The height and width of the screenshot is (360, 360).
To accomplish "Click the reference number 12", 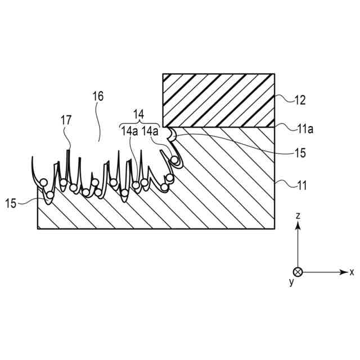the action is pyautogui.click(x=300, y=101).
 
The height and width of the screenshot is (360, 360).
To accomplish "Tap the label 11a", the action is pyautogui.click(x=304, y=129).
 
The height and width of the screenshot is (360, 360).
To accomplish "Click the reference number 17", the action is pyautogui.click(x=66, y=119).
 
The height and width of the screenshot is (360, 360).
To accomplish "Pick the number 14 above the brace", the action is pyautogui.click(x=138, y=112).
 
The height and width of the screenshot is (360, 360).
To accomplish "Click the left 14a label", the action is pyautogui.click(x=129, y=131).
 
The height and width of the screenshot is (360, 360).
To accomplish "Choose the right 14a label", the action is pyautogui.click(x=150, y=131).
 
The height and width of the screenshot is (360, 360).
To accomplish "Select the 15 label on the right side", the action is pyautogui.click(x=301, y=152).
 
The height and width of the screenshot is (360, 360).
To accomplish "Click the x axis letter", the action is pyautogui.click(x=352, y=272).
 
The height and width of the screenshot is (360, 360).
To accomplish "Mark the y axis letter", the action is pyautogui.click(x=291, y=282).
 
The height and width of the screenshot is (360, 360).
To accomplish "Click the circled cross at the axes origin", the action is pyautogui.click(x=298, y=272).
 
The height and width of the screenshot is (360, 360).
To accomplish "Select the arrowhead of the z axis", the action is pyautogui.click(x=298, y=225).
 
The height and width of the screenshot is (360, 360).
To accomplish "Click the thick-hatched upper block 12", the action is pyautogui.click(x=218, y=100).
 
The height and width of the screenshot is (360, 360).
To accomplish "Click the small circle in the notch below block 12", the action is pyautogui.click(x=176, y=161).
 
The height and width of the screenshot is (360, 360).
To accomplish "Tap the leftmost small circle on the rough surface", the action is pyautogui.click(x=43, y=182).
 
